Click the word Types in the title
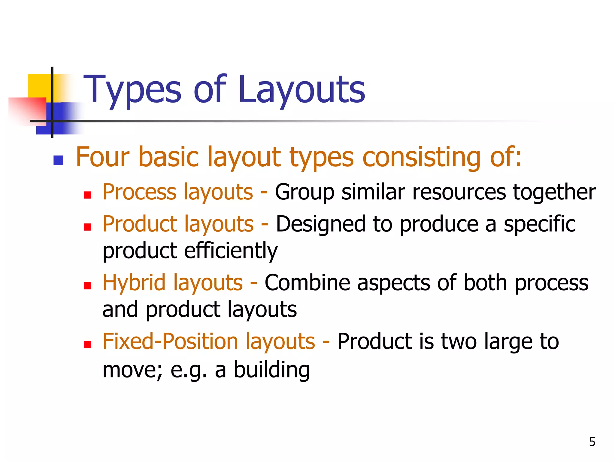132,90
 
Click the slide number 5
592,442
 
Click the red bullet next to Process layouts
87,195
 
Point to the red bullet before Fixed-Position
87,344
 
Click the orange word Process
140,192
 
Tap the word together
554,192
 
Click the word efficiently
231,251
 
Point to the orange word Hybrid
134,283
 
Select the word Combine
307,283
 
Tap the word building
272,370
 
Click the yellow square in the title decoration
39,86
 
